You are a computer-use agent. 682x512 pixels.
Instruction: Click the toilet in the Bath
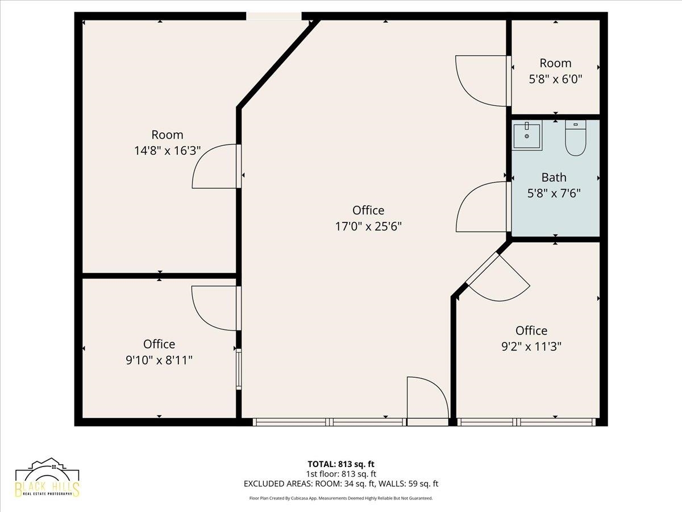tap(575, 138)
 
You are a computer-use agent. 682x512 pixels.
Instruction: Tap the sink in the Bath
tap(527, 135)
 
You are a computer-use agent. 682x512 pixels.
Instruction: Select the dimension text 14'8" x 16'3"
tap(168, 151)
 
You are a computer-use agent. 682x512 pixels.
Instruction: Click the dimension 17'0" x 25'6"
tap(368, 226)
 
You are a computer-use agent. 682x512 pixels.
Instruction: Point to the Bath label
tap(554, 177)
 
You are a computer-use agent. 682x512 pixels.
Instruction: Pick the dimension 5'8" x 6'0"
tap(555, 79)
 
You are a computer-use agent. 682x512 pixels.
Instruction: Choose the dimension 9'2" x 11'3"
tap(531, 346)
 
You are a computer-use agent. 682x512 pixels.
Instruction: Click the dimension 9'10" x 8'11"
tap(159, 360)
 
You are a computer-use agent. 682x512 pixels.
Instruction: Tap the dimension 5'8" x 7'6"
tap(554, 193)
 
